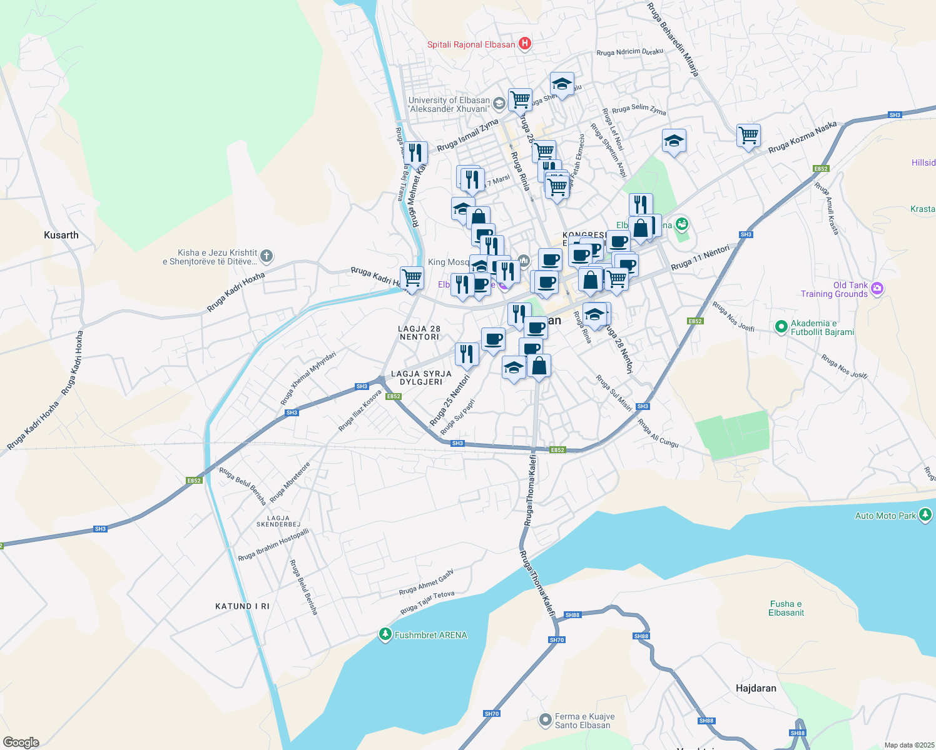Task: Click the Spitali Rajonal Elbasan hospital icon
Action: pyautogui.click(x=525, y=44)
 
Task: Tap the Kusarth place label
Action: pyautogui.click(x=61, y=235)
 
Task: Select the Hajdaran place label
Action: pyautogui.click(x=756, y=688)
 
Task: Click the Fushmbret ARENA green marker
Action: pyautogui.click(x=385, y=634)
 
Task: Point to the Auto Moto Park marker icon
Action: pyautogui.click(x=925, y=515)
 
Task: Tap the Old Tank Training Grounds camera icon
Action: pyautogui.click(x=877, y=288)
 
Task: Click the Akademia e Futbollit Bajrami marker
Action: pyautogui.click(x=780, y=326)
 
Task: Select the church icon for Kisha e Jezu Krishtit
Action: pyautogui.click(x=267, y=256)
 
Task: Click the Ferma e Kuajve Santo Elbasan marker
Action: pyautogui.click(x=546, y=720)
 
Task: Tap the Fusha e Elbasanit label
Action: pyautogui.click(x=786, y=608)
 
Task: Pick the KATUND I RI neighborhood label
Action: pyautogui.click(x=242, y=606)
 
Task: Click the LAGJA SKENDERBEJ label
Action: pyautogui.click(x=278, y=521)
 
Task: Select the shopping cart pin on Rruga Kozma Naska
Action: pyautogui.click(x=748, y=134)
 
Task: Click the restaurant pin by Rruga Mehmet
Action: pyautogui.click(x=415, y=152)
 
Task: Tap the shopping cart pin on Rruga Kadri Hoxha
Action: pyautogui.click(x=412, y=277)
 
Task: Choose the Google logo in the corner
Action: pyautogui.click(x=21, y=742)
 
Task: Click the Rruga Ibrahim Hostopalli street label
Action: pyautogui.click(x=273, y=546)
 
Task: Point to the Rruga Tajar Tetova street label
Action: pyautogui.click(x=427, y=602)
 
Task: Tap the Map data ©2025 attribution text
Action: pyautogui.click(x=908, y=745)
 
